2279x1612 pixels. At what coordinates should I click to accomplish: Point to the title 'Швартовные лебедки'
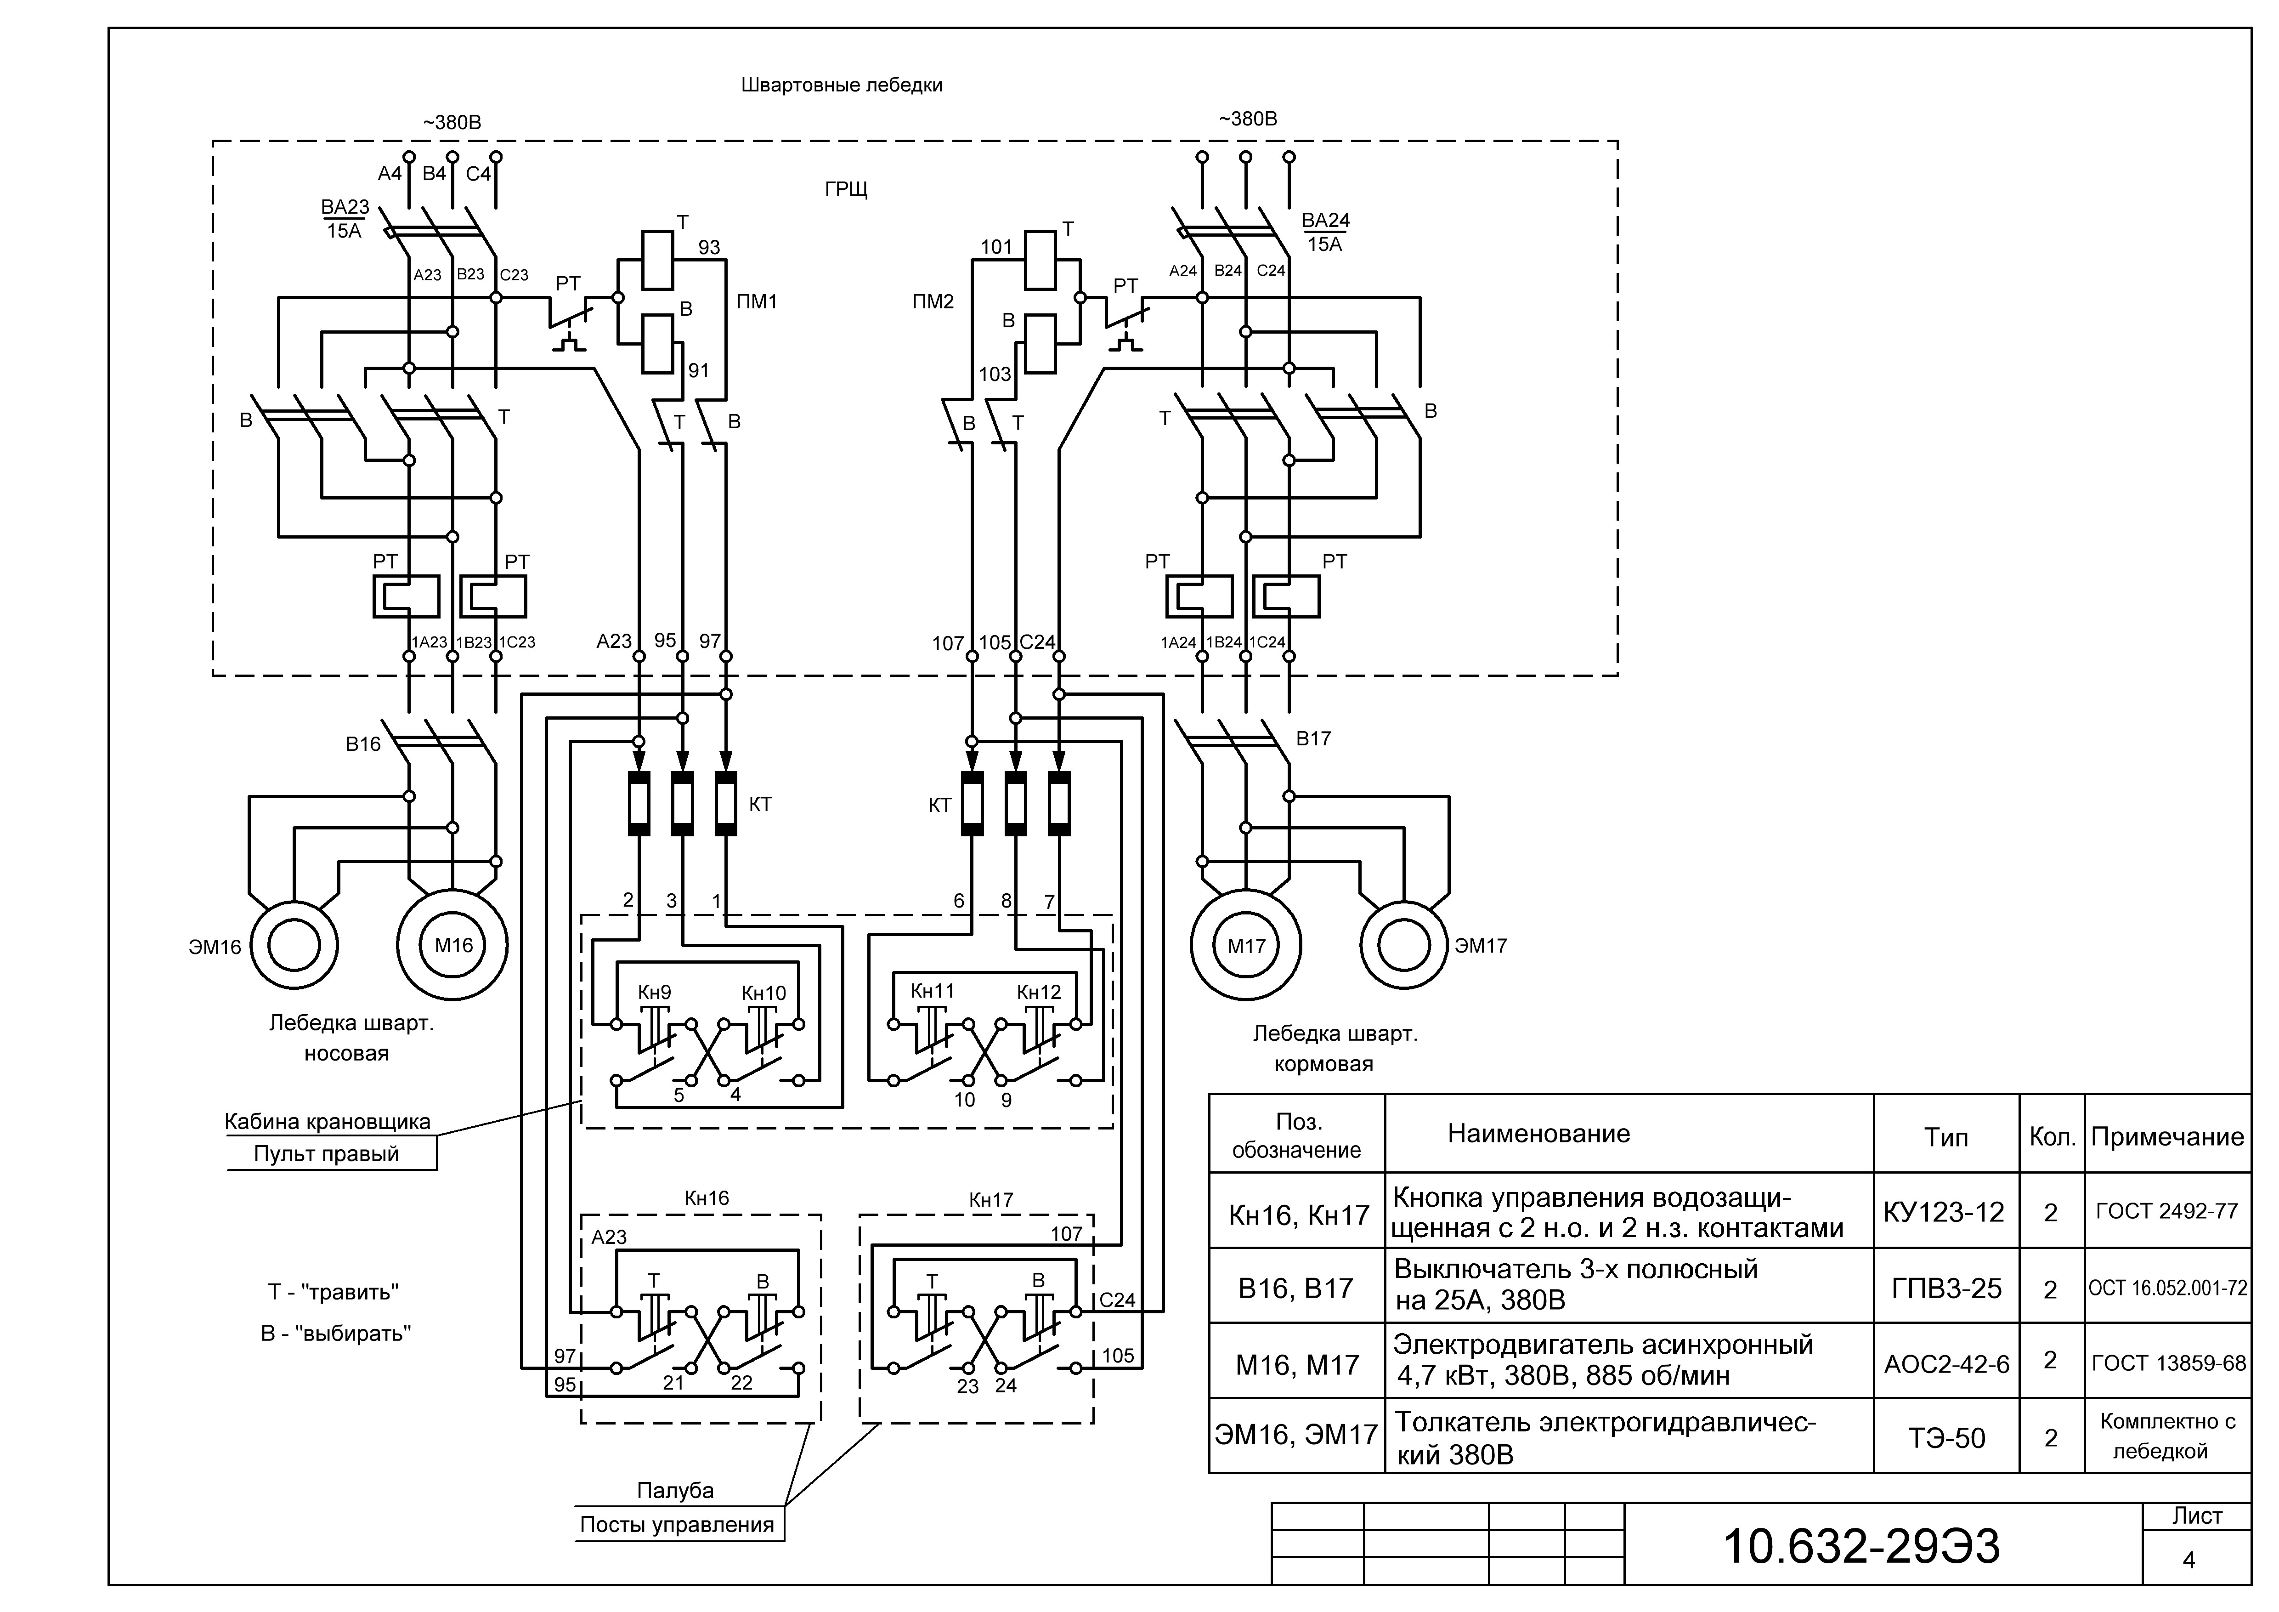click(842, 85)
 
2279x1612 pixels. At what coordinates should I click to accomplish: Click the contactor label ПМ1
click(758, 301)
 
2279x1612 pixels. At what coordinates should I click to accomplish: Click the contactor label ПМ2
click(933, 301)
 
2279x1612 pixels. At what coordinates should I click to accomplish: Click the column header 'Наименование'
click(1538, 1134)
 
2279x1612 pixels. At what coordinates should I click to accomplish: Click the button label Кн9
click(654, 992)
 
